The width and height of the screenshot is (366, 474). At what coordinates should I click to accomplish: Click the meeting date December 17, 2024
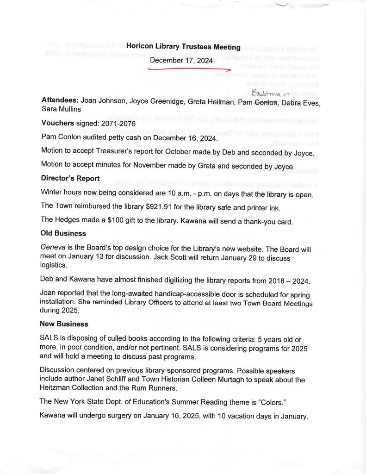point(181,60)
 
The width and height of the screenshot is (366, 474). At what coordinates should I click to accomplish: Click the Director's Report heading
point(70,178)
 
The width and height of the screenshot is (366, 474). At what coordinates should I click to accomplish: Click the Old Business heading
point(63,233)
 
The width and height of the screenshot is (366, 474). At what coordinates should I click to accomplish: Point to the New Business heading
point(64,324)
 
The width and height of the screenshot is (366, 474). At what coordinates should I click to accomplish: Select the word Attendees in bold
point(60,100)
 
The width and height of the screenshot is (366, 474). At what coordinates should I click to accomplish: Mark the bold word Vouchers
point(57,124)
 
